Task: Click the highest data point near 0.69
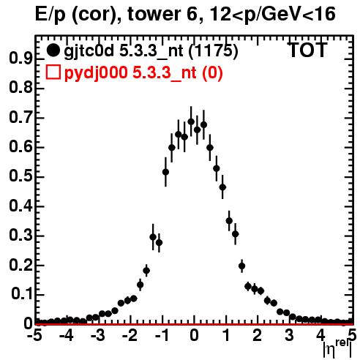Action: tap(191, 121)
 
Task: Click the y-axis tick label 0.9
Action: tap(20, 59)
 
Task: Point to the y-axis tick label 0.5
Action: tap(20, 176)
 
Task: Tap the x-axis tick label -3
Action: tap(98, 335)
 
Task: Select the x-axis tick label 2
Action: tap(257, 335)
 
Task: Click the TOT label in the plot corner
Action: tap(307, 50)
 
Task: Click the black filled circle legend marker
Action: tap(53, 50)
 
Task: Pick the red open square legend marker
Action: tap(53, 72)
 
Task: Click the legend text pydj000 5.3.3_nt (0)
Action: tap(143, 73)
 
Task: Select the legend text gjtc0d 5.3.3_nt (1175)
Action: tap(151, 50)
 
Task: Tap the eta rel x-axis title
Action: tap(338, 349)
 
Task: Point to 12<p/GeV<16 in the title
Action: tap(272, 15)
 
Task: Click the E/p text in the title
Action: tap(50, 15)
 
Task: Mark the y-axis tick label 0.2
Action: tap(20, 265)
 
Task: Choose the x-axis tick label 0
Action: tap(194, 335)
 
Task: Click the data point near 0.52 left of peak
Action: tap(165, 172)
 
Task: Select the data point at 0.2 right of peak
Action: tap(241, 266)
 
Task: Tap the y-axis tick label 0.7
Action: tap(20, 117)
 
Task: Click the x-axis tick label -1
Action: tap(162, 335)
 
